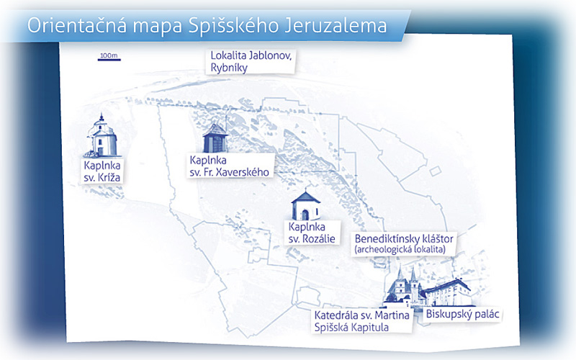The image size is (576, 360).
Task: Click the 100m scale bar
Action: pyautogui.click(x=109, y=60)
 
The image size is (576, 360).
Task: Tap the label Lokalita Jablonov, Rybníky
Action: pyautogui.click(x=251, y=62)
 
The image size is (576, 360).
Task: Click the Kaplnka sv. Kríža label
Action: pyautogui.click(x=102, y=171)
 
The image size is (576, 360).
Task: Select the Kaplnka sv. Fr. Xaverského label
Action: pyautogui.click(x=230, y=166)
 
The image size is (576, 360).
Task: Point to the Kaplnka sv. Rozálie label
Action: pyautogui.click(x=312, y=233)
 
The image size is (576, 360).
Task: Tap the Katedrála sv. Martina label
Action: pyautogui.click(x=362, y=321)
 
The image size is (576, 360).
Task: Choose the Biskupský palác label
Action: pyautogui.click(x=462, y=315)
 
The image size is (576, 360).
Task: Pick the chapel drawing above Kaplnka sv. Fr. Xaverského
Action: pyautogui.click(x=215, y=138)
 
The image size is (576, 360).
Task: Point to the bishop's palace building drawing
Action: pyautogui.click(x=449, y=293)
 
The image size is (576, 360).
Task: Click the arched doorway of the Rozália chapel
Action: pyautogui.click(x=305, y=215)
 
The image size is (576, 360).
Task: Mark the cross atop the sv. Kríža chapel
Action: pyautogui.click(x=102, y=117)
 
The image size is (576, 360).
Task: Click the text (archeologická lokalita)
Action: pyautogui.click(x=400, y=250)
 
